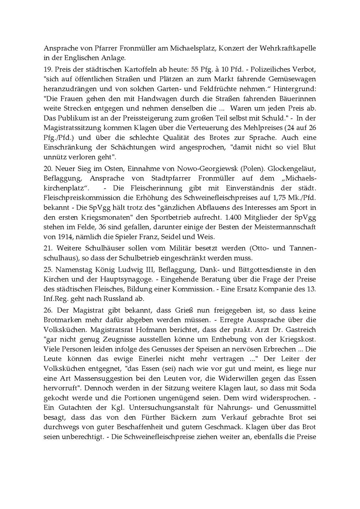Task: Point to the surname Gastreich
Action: pyautogui.click(x=300, y=330)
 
